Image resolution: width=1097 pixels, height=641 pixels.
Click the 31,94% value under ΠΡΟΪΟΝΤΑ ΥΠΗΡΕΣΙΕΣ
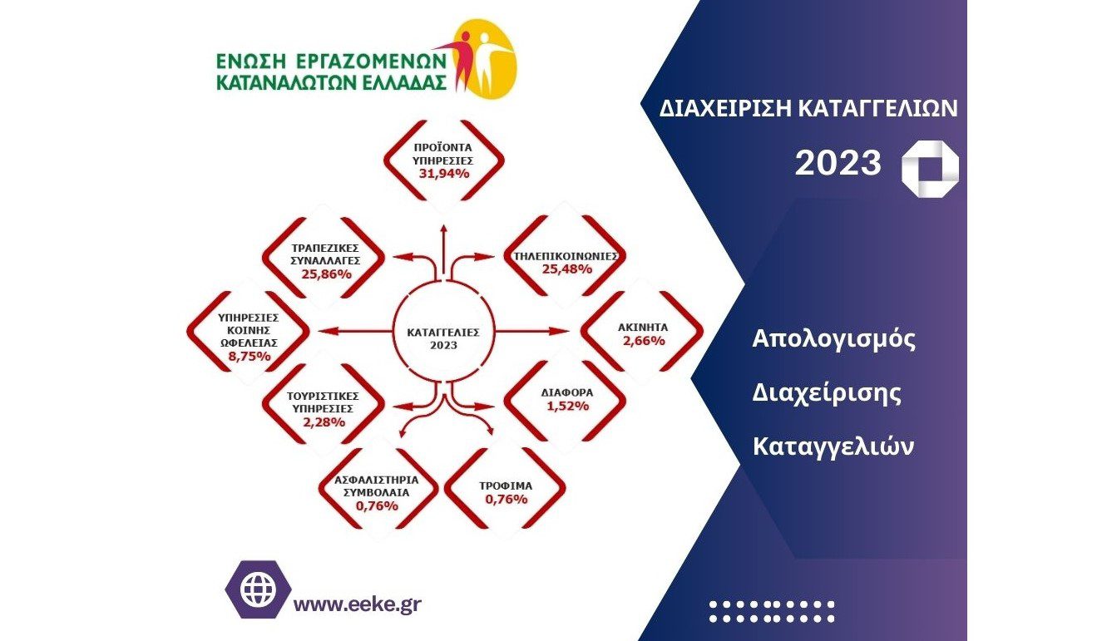(444, 174)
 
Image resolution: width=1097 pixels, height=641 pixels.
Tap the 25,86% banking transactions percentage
(327, 274)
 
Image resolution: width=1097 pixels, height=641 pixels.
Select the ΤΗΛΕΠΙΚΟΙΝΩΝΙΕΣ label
(566, 256)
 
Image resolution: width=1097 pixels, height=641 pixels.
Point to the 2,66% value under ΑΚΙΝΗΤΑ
(644, 341)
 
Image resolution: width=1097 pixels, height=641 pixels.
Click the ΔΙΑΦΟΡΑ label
(567, 392)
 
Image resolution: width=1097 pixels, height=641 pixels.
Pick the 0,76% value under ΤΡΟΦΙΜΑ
(506, 499)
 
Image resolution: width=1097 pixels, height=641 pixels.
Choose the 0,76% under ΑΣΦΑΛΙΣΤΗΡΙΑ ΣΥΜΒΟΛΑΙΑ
(377, 505)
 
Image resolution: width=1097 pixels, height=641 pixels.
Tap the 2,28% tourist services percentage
(324, 422)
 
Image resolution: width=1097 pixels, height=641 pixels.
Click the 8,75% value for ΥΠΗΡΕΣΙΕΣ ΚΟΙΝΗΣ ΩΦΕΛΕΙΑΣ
(250, 356)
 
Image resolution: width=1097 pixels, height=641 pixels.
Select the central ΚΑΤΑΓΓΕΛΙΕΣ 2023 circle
(443, 332)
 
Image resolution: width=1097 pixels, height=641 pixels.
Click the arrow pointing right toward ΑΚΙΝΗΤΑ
(532, 332)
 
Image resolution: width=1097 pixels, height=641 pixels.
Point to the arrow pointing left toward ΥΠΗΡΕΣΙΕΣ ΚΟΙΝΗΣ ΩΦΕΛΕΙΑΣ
(355, 332)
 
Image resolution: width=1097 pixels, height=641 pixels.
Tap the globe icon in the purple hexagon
(258, 589)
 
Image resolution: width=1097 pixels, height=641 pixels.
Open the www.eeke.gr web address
(358, 604)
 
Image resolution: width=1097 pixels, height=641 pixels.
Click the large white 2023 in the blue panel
(838, 163)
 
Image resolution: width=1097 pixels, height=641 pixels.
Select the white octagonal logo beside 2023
(930, 169)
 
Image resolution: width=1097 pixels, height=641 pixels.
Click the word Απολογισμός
(833, 339)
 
